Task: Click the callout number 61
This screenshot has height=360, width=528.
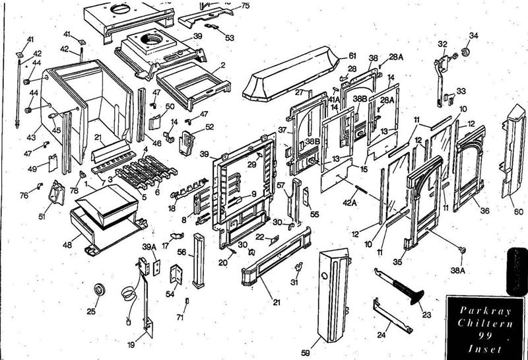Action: pos(352,55)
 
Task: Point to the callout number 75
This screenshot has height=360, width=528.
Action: pos(246,6)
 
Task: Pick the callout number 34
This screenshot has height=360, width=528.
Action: pos(473,34)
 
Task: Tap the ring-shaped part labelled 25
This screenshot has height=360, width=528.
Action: pos(100,289)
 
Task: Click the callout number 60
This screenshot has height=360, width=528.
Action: pos(518,212)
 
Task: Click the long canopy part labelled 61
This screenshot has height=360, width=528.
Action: pos(294,76)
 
